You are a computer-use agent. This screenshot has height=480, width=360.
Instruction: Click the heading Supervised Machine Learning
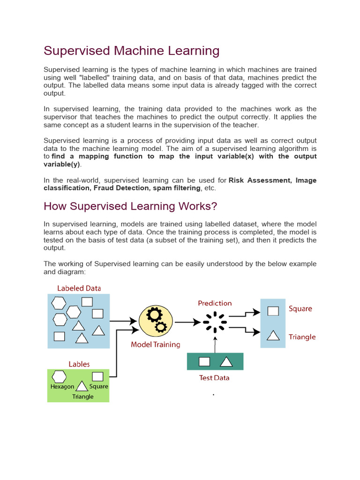(x=131, y=51)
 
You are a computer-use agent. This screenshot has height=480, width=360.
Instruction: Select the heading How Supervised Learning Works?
(x=130, y=206)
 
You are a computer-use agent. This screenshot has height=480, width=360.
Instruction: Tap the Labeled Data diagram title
(x=79, y=288)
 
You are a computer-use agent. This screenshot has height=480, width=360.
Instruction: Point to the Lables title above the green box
(x=79, y=364)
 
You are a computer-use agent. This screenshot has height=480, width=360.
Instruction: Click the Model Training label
(x=155, y=345)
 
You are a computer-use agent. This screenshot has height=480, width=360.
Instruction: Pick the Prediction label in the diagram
(x=215, y=303)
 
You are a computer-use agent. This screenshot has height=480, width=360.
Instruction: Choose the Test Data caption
(x=214, y=377)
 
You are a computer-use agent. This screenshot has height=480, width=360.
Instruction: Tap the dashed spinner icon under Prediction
(x=215, y=322)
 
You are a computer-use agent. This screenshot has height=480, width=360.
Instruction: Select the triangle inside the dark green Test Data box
(x=226, y=361)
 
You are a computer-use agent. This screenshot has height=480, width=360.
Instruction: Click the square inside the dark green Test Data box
(x=204, y=361)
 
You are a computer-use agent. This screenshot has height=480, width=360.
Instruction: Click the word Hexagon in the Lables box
(x=62, y=387)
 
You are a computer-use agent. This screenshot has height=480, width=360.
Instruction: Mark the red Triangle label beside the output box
(x=302, y=337)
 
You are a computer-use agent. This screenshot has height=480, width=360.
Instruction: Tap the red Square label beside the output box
(x=300, y=309)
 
